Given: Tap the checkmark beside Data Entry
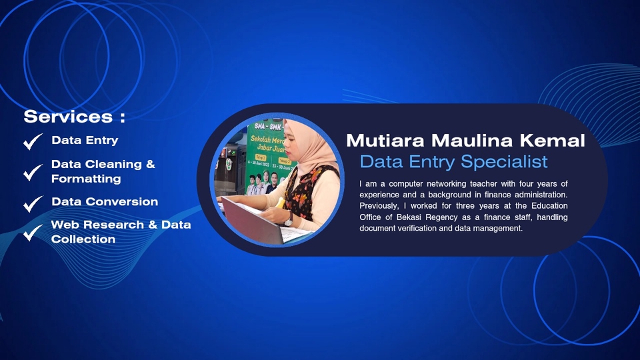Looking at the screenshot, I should point(33,142).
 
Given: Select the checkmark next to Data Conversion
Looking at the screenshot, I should point(33,203).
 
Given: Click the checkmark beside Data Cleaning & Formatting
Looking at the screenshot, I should point(33,172).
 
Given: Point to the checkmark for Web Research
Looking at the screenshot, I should point(33,233).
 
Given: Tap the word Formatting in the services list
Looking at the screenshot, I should point(86,179).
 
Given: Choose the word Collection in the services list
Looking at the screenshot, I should point(83,239).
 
